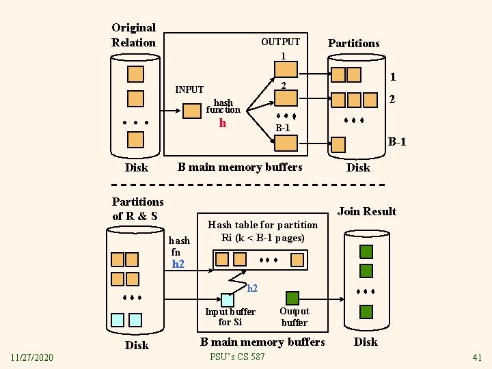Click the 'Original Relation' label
134,35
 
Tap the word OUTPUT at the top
280,42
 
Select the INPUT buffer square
191,110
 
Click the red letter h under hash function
223,123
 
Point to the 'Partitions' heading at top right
353,43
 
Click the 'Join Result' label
367,211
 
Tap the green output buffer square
292,298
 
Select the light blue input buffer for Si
227,299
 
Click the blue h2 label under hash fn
178,264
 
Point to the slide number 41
477,357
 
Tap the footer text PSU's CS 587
238,357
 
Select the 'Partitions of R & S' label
137,208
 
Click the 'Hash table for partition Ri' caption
262,231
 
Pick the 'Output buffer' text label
295,316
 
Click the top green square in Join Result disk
366,251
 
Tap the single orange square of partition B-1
338,143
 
